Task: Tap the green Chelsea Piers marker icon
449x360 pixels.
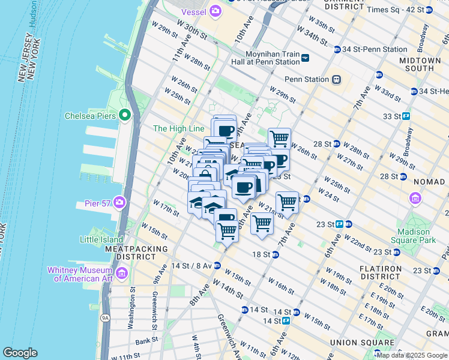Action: pos(125,115)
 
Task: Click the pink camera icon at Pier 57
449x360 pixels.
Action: pos(119,203)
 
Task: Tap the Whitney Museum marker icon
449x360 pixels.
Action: pos(122,274)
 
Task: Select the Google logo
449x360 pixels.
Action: pos(20,353)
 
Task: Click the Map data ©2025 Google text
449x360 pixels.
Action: pos(411,355)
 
